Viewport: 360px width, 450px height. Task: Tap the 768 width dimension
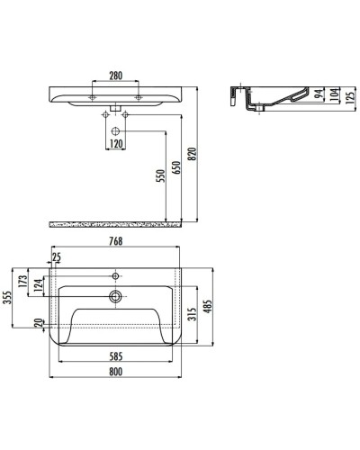[116, 241]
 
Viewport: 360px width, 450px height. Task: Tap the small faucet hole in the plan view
[116, 274]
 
